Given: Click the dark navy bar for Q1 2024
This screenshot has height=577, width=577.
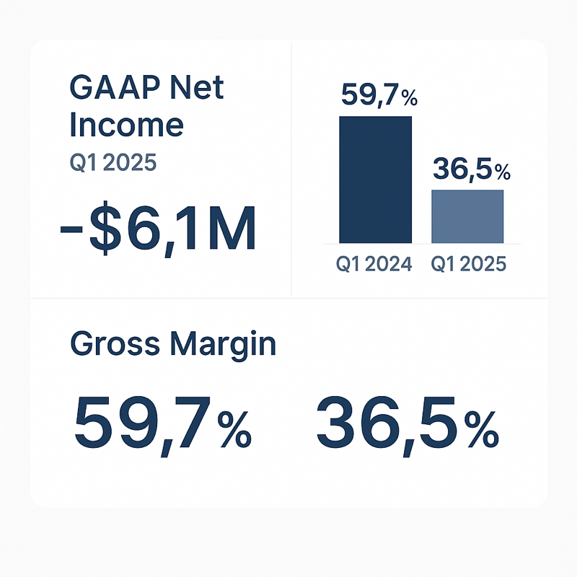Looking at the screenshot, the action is [375, 180].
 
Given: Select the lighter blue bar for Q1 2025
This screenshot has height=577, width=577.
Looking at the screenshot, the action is [467, 216].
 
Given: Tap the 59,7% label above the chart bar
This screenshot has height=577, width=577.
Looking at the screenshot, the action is [379, 95].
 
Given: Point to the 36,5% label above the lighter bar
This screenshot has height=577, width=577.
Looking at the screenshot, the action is [472, 169].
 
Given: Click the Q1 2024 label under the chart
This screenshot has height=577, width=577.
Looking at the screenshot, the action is [374, 264].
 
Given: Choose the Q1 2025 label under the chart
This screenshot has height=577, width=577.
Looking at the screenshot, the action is [468, 264].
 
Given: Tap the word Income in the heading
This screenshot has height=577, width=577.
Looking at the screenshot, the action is [126, 125].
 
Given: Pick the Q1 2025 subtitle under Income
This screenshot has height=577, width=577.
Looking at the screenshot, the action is [113, 163].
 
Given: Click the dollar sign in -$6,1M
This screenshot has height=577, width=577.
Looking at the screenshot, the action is [105, 228].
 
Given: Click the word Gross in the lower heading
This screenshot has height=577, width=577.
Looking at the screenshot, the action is [115, 343].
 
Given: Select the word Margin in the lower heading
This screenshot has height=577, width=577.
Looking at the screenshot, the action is [224, 344].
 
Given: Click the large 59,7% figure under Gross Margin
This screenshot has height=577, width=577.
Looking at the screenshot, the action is [163, 426].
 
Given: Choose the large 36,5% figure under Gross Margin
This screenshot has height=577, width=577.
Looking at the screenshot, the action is [408, 426].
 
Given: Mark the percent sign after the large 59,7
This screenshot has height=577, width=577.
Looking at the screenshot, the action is [234, 429].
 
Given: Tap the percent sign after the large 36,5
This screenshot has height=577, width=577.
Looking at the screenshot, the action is [482, 429].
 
